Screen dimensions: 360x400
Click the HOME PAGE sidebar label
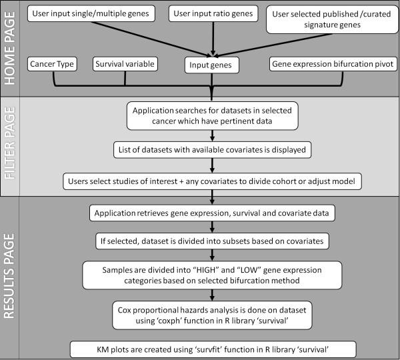point(11,49)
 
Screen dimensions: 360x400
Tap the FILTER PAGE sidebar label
point(11,150)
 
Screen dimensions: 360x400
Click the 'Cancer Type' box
point(52,64)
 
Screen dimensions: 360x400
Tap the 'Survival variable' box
point(125,64)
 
